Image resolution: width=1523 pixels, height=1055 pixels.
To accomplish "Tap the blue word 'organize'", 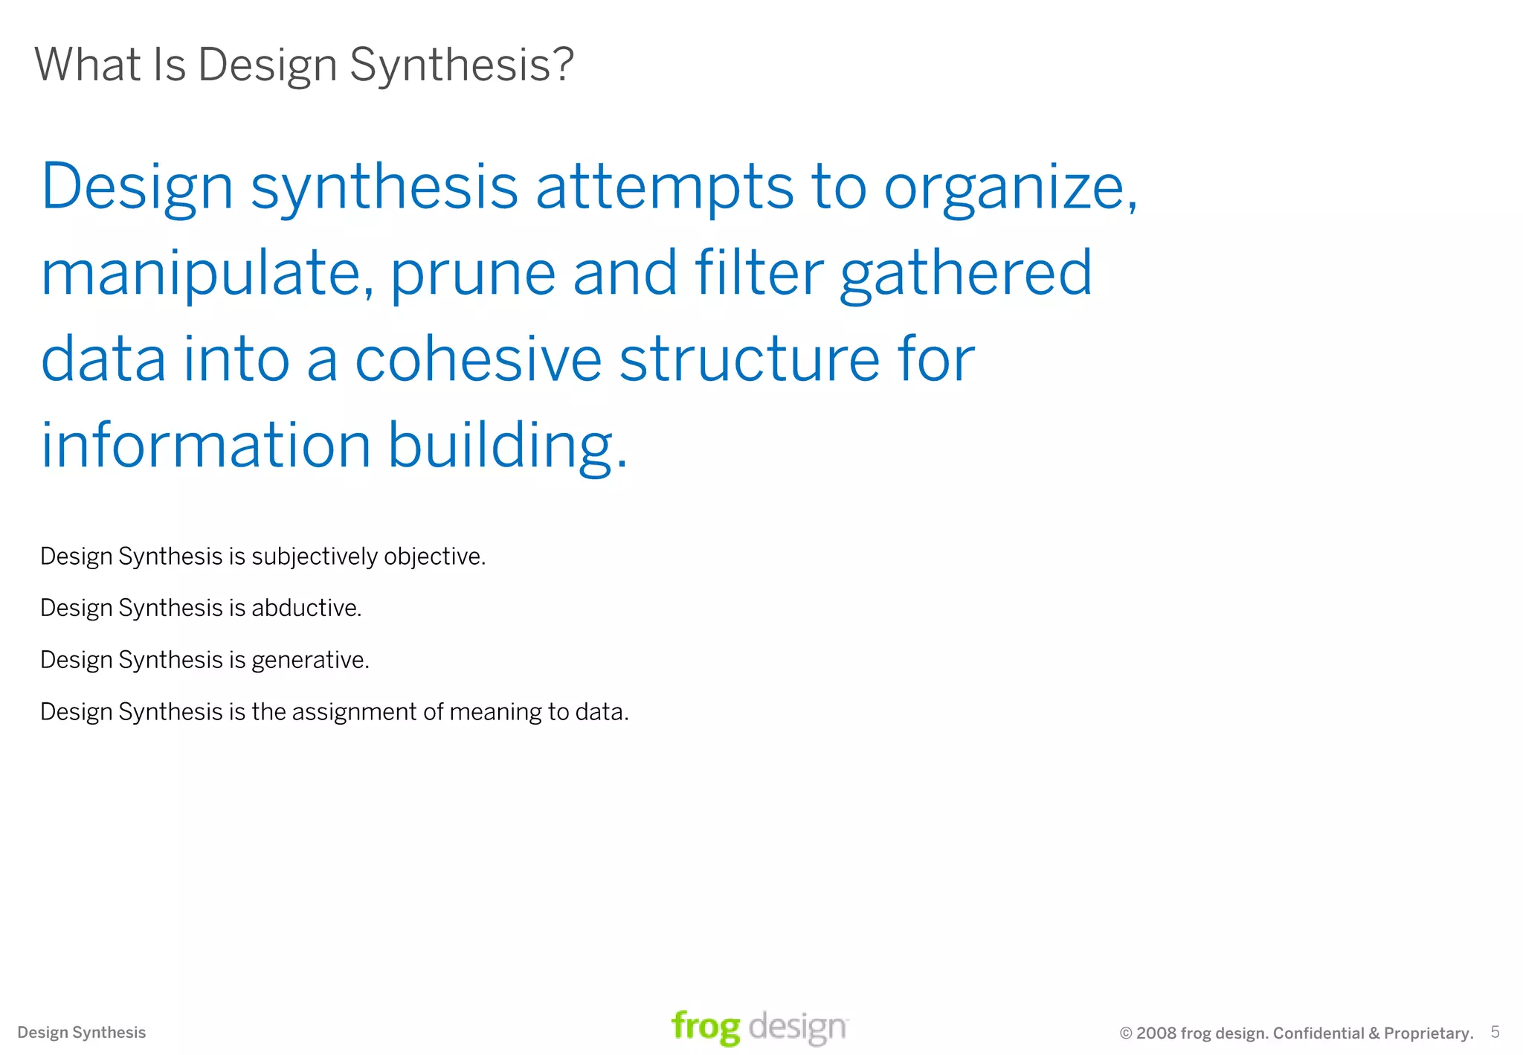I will click(1008, 187).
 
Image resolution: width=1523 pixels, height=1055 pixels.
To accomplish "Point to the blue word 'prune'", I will click(472, 274).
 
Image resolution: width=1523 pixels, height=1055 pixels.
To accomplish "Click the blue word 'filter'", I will click(759, 272).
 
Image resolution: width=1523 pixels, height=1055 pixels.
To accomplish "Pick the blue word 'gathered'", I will click(965, 274).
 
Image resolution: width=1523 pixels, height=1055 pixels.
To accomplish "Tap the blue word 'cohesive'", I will click(477, 359).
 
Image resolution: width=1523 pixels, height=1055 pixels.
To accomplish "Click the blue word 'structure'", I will click(749, 359).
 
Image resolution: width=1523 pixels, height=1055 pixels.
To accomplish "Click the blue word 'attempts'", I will click(664, 187).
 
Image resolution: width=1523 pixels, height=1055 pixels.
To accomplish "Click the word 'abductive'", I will click(306, 608).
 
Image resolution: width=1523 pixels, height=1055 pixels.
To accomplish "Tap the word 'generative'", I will click(309, 660).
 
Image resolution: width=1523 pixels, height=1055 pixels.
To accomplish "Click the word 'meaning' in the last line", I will click(495, 712).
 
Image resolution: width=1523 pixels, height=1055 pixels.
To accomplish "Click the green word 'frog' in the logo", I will click(705, 1027).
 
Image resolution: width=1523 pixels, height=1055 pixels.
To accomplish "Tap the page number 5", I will click(1495, 1032).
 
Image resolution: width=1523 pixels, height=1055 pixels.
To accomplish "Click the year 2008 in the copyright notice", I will click(1156, 1033).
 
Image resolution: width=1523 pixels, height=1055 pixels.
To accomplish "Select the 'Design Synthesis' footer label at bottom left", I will click(82, 1033).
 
